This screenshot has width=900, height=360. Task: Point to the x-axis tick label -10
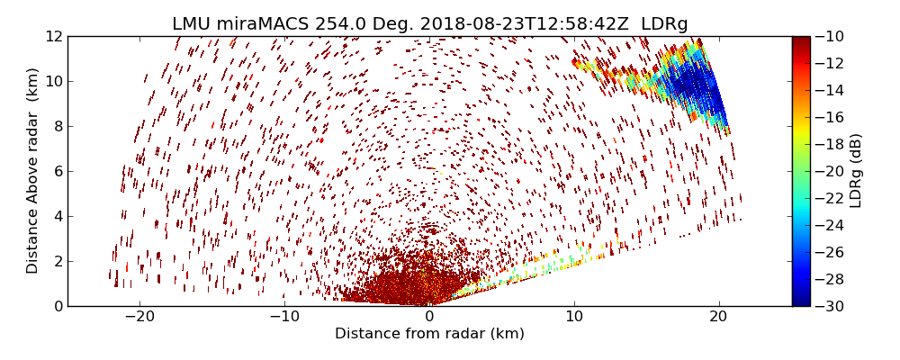point(283,317)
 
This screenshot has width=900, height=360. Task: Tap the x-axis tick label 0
point(429,317)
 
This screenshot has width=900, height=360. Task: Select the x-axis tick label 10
point(574,317)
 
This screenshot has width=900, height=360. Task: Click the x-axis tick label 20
point(719,317)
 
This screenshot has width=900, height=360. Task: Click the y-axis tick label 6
point(57,171)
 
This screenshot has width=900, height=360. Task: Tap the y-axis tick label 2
point(57,261)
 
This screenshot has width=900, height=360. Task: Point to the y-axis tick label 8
point(57,126)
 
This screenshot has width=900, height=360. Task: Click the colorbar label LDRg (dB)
point(856,171)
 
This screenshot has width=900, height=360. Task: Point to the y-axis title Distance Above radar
point(33,171)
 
